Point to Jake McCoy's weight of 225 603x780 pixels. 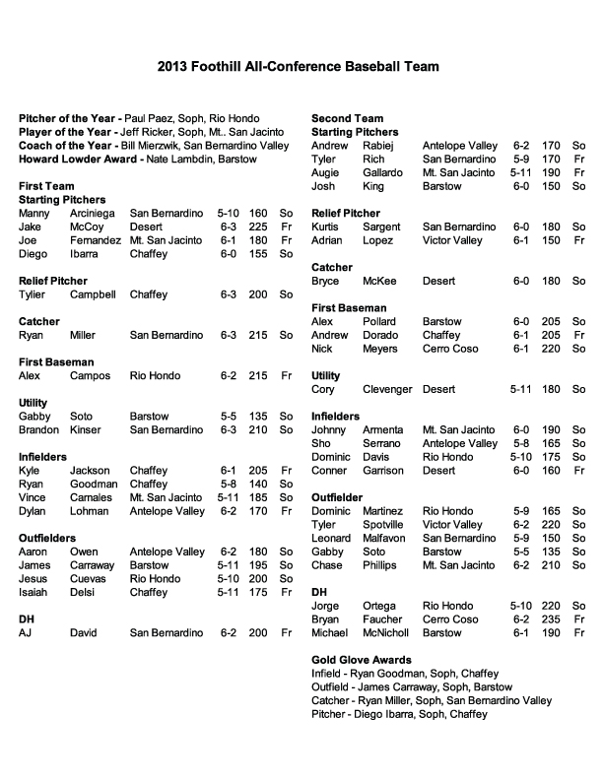pyautogui.click(x=258, y=226)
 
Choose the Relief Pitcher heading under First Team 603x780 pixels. pyautogui.click(x=53, y=281)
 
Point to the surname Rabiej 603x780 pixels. pyautogui.click(x=380, y=145)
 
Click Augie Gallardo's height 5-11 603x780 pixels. pyautogui.click(x=521, y=172)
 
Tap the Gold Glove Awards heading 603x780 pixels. pyautogui.click(x=362, y=659)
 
